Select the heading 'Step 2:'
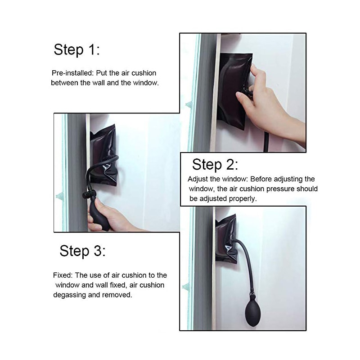[x=215, y=164]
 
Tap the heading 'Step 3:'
[x=82, y=251]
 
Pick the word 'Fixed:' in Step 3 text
[x=63, y=275]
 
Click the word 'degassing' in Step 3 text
[x=68, y=295]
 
